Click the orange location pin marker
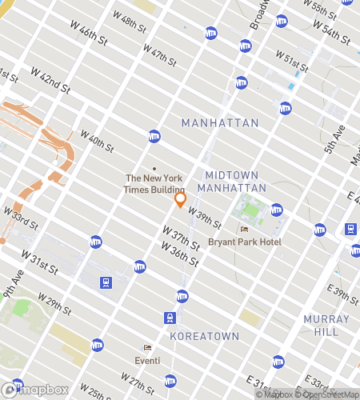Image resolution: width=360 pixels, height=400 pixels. click(181, 199)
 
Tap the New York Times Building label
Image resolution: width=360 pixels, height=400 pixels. click(154, 183)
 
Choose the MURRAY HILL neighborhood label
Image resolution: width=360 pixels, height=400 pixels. click(326, 325)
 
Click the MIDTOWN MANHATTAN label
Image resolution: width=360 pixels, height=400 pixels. click(235, 181)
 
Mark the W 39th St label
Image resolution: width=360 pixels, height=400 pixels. click(203, 214)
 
